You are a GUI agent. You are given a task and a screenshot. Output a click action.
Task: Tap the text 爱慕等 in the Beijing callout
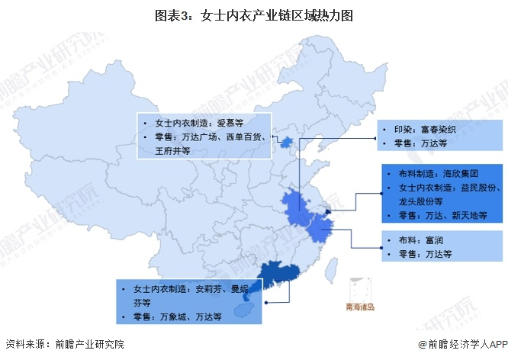230,122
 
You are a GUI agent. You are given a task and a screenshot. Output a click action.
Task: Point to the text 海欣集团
458,172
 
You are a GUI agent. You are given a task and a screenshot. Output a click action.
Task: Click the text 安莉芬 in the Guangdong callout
211,290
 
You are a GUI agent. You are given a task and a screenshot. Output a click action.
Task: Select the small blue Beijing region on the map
286,142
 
